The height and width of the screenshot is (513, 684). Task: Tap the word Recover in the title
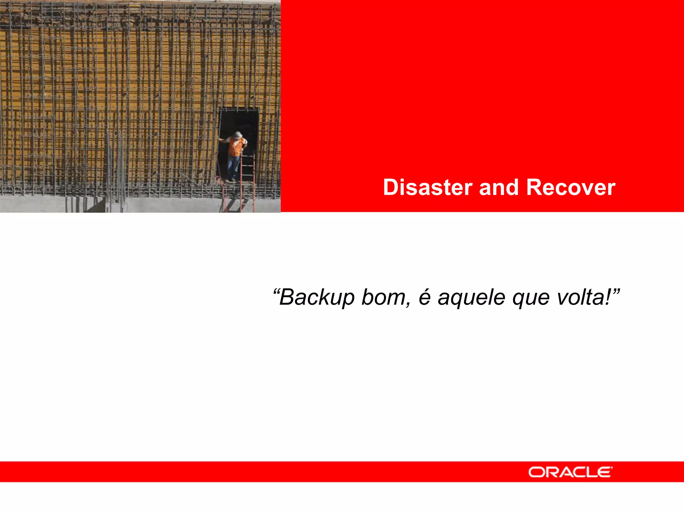pos(571,187)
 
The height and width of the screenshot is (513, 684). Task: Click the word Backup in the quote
pos(317,297)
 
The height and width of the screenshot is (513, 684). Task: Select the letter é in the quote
pos(424,297)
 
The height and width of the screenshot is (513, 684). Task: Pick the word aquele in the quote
pos(471,297)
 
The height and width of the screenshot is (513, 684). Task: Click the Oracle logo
pos(570,472)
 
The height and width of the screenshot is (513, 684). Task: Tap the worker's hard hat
pos(237,135)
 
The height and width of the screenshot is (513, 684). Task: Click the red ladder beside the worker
pos(247,174)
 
